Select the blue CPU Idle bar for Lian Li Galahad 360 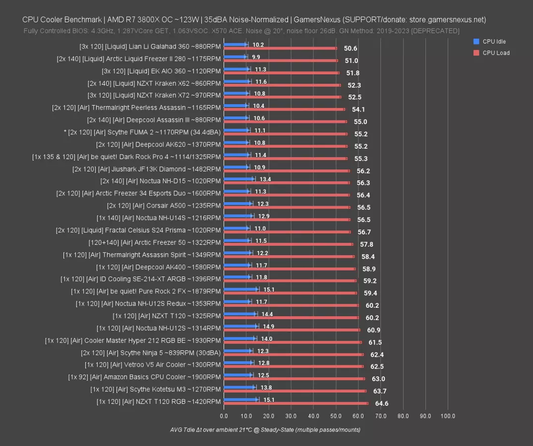236,44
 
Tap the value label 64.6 381,403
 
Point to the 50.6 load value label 350,49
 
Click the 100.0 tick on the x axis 448,416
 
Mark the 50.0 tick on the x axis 336,416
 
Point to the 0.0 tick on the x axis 224,416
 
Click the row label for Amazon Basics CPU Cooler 144,377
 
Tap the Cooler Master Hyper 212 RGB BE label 132,340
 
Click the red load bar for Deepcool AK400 290,269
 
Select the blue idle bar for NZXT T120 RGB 241,399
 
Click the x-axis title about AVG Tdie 265,430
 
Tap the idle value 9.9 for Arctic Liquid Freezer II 256,57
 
